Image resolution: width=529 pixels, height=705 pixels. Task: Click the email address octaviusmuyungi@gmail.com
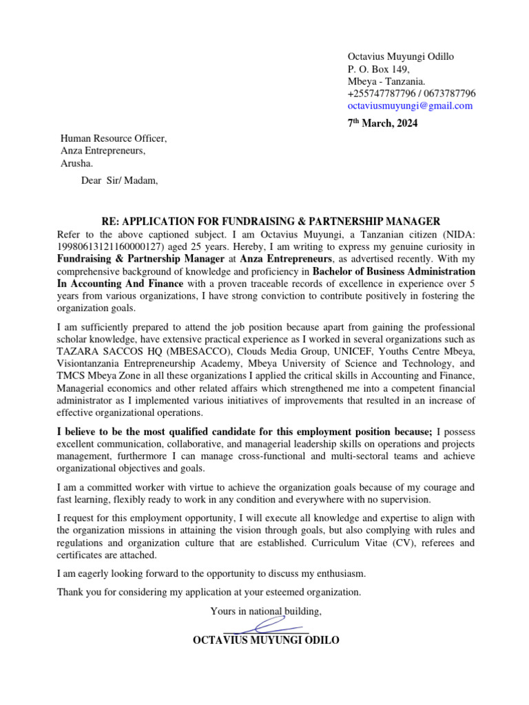point(410,106)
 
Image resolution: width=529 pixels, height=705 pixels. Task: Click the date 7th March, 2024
point(382,124)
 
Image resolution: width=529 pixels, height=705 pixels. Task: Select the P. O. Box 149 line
point(379,69)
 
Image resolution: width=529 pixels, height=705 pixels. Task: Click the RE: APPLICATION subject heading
point(270,221)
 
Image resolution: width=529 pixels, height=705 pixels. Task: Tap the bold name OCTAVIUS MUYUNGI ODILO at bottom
point(266,640)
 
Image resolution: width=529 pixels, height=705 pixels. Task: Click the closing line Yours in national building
point(266,611)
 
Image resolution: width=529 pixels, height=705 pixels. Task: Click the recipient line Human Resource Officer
point(114,138)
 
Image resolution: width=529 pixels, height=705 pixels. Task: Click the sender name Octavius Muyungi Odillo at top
point(401,56)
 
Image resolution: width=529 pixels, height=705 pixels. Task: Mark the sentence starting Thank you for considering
point(209,591)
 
